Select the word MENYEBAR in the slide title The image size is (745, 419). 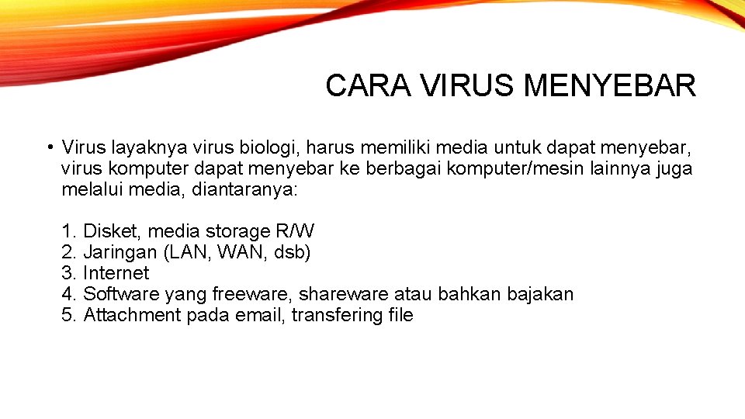tap(609, 85)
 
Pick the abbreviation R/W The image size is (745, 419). tap(294, 231)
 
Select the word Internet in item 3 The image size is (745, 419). tap(116, 273)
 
